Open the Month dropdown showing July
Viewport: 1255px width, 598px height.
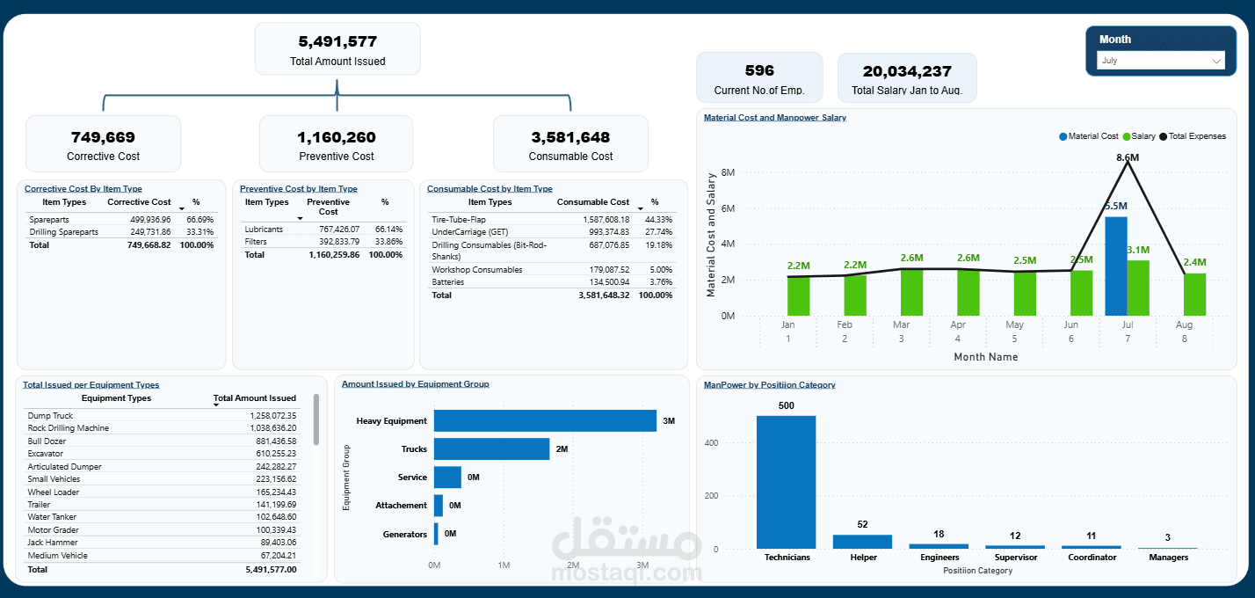coord(1161,61)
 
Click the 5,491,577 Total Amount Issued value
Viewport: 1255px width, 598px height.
coord(337,40)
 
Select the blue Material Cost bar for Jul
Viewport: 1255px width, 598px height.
coord(1115,266)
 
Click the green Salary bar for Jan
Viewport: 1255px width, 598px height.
coord(798,295)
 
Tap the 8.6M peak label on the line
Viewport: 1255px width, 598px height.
coord(1128,157)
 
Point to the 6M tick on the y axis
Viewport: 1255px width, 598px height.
coord(728,208)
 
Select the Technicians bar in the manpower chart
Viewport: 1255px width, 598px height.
coord(786,482)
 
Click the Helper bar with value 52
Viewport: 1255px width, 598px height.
coord(862,541)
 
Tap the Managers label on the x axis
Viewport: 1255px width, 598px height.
coord(1168,558)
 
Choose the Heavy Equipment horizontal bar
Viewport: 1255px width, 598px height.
coord(545,420)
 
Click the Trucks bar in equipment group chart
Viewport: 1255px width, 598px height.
coord(491,448)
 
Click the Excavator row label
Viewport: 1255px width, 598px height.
coord(46,454)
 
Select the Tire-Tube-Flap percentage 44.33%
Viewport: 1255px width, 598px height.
coord(658,219)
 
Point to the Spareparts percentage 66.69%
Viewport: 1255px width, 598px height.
coord(199,219)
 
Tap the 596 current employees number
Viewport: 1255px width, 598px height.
coord(759,71)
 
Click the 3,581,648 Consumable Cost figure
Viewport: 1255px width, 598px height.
coord(570,137)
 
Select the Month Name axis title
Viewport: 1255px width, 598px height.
coord(985,357)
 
